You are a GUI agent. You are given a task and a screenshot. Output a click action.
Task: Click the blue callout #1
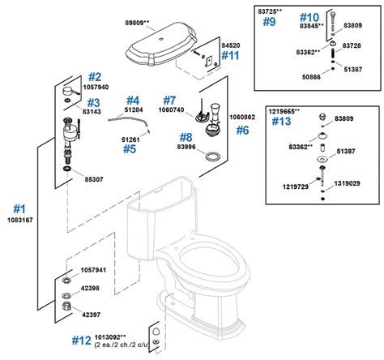tap(19, 209)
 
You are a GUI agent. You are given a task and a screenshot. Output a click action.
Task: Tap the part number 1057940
tap(96, 87)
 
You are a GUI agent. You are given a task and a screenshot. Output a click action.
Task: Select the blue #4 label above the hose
tap(133, 101)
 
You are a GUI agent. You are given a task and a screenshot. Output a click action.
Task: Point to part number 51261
tap(130, 139)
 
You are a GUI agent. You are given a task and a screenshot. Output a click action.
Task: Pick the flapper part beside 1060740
tap(202, 115)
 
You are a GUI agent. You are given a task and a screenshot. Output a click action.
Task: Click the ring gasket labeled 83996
tap(212, 156)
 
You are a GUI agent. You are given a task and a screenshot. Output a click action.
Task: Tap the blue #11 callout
tap(230, 55)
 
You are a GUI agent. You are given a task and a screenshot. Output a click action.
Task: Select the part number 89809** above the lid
tap(137, 23)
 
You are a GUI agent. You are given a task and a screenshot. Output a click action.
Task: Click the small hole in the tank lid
tap(161, 39)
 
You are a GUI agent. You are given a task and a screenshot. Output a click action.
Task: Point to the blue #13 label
tap(281, 122)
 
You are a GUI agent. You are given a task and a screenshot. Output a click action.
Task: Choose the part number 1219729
tap(296, 186)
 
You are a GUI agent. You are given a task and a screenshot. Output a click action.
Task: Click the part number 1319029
tap(347, 183)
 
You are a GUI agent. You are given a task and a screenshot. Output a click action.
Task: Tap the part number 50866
tap(311, 77)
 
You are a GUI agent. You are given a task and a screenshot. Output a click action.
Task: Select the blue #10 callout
tap(309, 18)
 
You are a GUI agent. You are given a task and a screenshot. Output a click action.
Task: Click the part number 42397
tap(91, 315)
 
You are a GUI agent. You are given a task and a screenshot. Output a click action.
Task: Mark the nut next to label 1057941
tap(66, 280)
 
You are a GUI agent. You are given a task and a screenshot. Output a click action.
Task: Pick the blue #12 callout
tap(81, 341)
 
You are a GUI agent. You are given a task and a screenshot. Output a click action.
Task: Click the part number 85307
tap(94, 179)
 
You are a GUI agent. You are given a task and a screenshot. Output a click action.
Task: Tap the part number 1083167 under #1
tap(20, 220)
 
